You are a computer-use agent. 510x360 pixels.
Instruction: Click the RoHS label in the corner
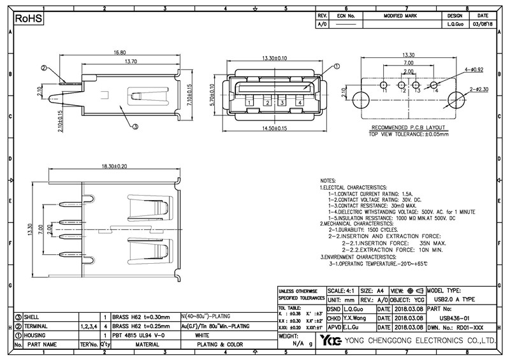[x=29, y=20]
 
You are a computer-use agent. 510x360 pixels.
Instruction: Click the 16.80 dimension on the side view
[x=119, y=53]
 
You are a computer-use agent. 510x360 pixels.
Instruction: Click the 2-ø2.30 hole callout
[x=479, y=90]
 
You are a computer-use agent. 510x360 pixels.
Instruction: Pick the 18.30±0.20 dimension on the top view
[x=115, y=166]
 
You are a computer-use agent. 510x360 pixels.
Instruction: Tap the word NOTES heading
[x=328, y=181]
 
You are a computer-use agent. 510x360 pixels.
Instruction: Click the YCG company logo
[x=332, y=341]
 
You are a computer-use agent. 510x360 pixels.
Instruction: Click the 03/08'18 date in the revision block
[x=483, y=24]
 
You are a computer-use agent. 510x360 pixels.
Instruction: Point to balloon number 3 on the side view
[x=135, y=126]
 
